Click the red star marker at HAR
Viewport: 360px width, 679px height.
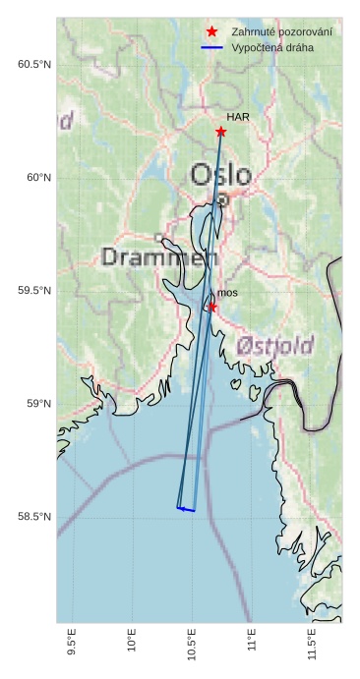pos(220,132)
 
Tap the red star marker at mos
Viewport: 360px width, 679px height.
pos(211,308)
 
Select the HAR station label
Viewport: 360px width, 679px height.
pos(238,117)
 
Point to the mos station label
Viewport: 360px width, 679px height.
pos(227,293)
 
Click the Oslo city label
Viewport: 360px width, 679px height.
pos(220,175)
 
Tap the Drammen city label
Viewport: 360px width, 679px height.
pos(158,258)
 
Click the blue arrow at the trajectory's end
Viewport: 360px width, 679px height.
pos(185,509)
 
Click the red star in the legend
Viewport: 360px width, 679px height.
pos(211,31)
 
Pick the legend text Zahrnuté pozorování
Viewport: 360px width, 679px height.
pos(281,31)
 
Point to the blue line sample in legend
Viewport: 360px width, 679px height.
pos(211,47)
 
